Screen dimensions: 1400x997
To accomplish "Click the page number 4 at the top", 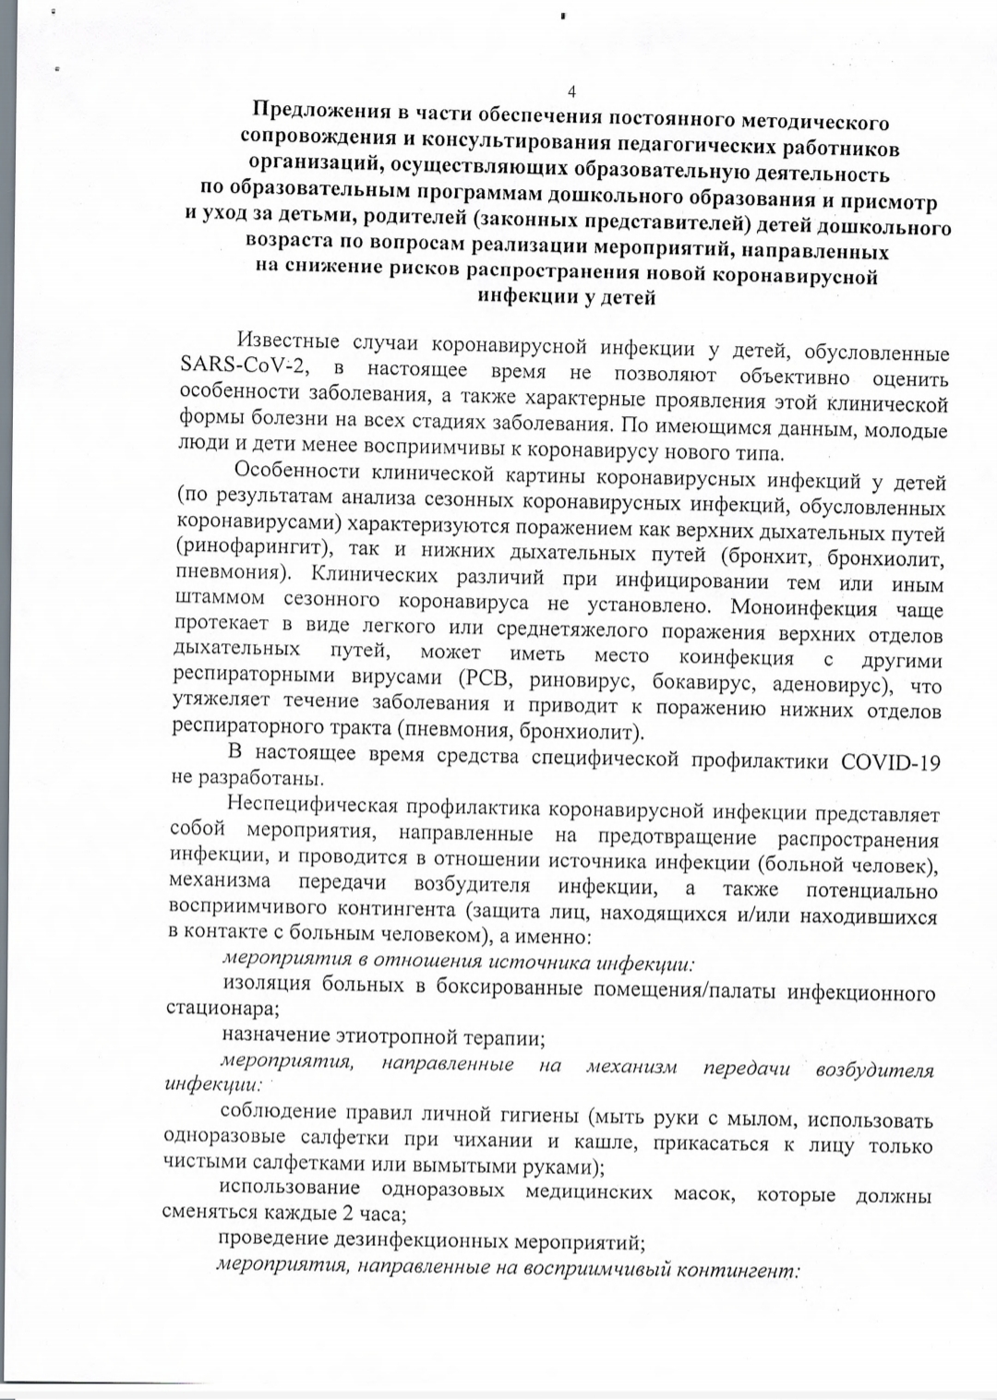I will (572, 91).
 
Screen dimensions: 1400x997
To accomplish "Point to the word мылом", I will (762, 1120).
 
